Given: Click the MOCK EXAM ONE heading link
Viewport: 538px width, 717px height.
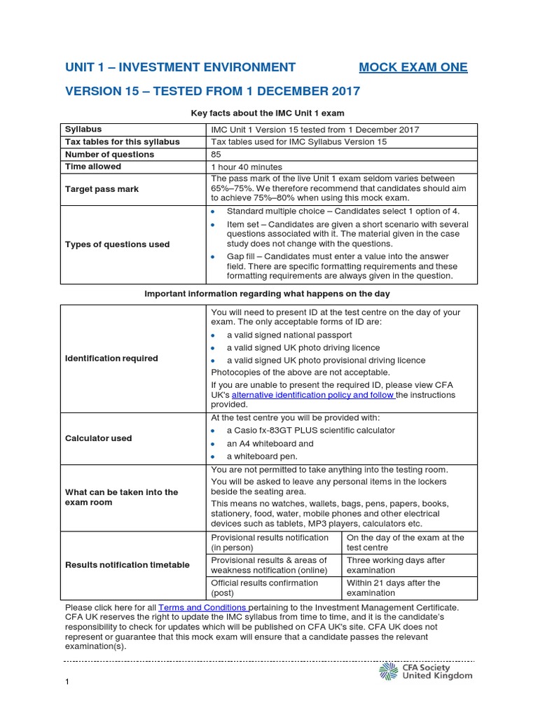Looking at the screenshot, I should [x=413, y=67].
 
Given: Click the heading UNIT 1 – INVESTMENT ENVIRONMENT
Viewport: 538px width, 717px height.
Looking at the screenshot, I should [x=180, y=67].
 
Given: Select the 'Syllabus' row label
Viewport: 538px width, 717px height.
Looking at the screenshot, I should [x=83, y=130].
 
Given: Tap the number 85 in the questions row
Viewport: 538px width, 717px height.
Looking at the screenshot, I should [x=216, y=154].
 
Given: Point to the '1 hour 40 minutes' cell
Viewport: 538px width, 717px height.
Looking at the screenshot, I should [x=247, y=167].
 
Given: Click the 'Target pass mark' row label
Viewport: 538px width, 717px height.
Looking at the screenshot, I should [x=102, y=189].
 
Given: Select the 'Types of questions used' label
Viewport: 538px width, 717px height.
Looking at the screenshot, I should [x=117, y=244].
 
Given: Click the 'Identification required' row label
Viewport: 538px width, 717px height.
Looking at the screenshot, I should [x=111, y=358].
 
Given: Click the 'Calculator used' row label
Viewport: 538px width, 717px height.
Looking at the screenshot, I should [x=98, y=438].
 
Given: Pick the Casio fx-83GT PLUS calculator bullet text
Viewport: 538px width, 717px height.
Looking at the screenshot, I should [x=310, y=431].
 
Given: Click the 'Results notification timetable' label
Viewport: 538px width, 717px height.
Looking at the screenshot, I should [x=127, y=565].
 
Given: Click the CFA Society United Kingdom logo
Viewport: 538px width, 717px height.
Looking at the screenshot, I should [x=426, y=671].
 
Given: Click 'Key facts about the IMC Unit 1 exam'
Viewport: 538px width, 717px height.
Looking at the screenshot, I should [x=268, y=113].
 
